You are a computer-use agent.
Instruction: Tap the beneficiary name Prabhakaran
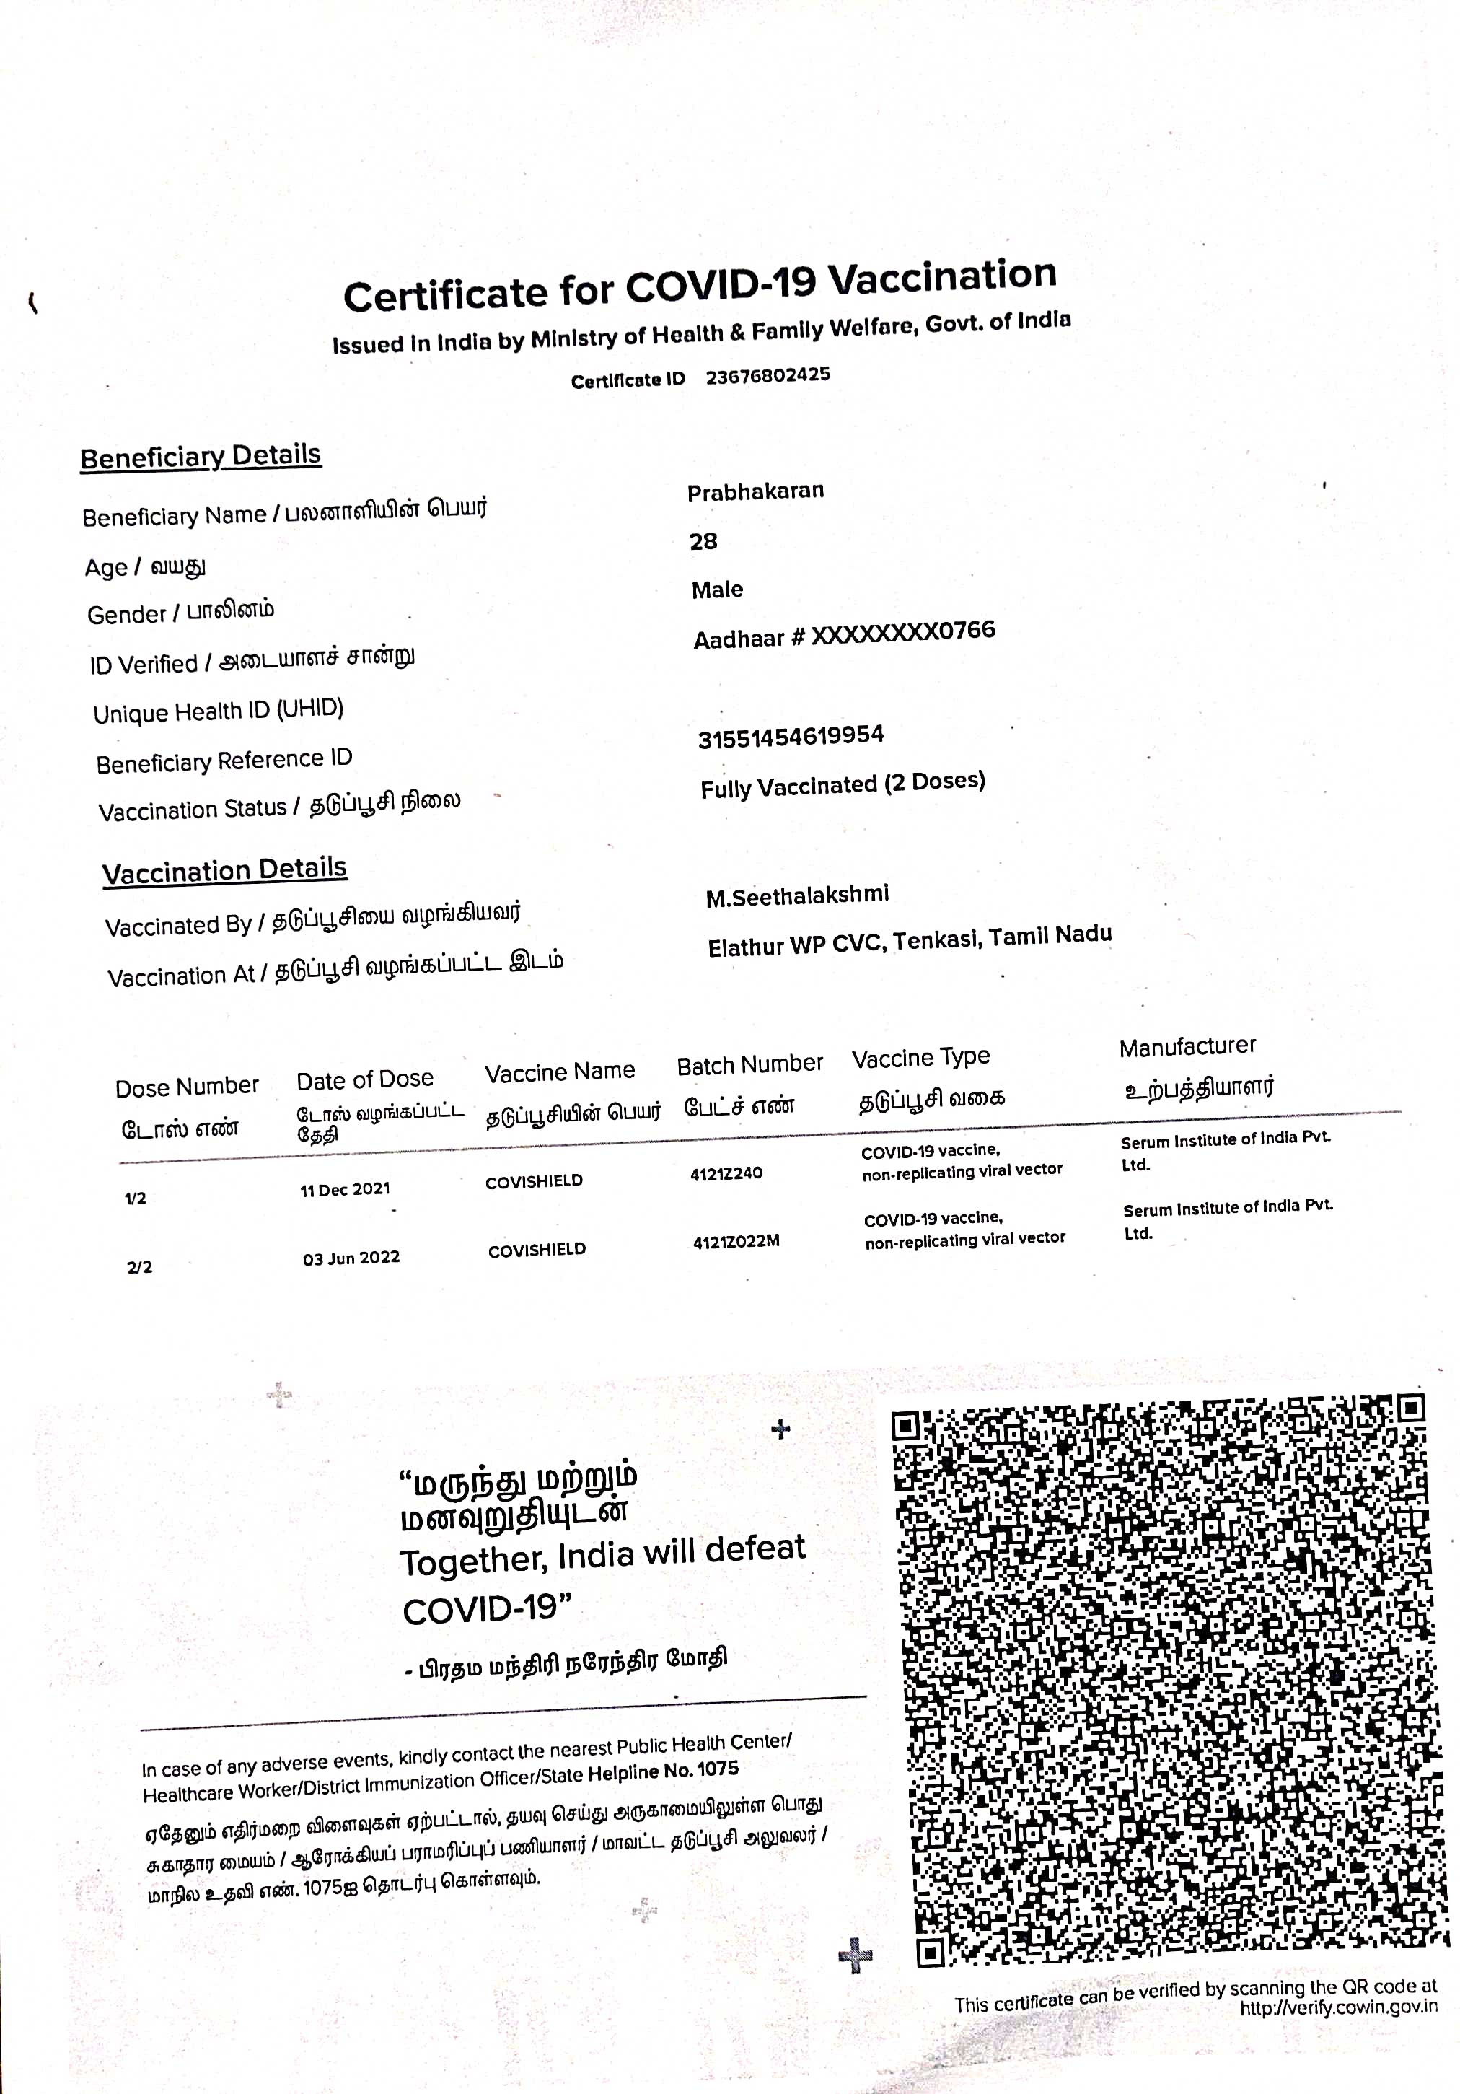click(x=755, y=491)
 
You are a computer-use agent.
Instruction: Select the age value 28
click(x=703, y=542)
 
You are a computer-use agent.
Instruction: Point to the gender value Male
click(x=717, y=590)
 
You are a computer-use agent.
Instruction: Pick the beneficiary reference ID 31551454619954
click(x=791, y=736)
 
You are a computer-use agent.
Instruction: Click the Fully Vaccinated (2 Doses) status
click(x=843, y=784)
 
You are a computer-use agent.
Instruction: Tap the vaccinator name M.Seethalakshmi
click(x=797, y=895)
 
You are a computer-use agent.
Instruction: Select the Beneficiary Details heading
click(x=201, y=456)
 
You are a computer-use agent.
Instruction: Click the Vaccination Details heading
click(x=224, y=870)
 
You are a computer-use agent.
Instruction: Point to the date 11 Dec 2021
click(x=345, y=1189)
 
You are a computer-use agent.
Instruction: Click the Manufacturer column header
click(x=1187, y=1047)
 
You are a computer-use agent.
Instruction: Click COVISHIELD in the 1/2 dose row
click(x=534, y=1182)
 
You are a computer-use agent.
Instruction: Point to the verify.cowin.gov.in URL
click(x=1338, y=2007)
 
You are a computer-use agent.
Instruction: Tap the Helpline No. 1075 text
click(x=663, y=1772)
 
